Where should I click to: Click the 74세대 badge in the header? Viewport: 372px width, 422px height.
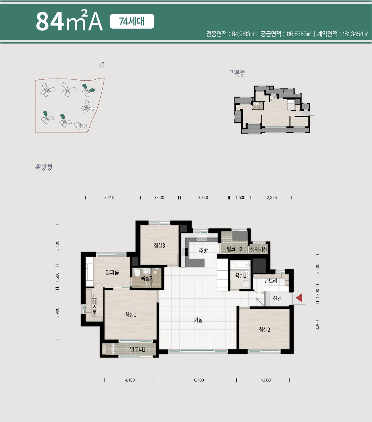click(x=132, y=21)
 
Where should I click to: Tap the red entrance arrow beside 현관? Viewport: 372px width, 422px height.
click(x=299, y=298)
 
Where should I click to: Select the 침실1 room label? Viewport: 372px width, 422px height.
click(x=131, y=315)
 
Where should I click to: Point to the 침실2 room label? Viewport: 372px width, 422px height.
click(x=264, y=329)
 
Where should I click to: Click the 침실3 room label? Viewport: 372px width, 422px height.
click(x=159, y=245)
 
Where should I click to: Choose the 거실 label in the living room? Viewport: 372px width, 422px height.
click(x=198, y=320)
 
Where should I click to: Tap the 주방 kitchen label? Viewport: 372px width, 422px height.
click(x=203, y=251)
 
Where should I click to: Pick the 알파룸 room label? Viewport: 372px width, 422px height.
click(x=112, y=272)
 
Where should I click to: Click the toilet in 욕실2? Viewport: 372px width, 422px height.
click(x=137, y=272)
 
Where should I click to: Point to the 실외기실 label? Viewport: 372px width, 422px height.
click(x=259, y=249)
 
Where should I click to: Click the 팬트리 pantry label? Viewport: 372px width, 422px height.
click(x=271, y=281)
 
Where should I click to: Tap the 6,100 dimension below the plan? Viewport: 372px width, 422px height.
click(x=199, y=380)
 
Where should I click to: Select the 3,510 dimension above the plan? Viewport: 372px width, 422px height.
click(x=109, y=197)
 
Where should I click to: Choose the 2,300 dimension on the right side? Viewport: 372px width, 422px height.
click(x=317, y=269)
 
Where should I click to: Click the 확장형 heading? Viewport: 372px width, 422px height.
click(x=44, y=167)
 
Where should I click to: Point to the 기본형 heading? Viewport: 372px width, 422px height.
click(x=237, y=73)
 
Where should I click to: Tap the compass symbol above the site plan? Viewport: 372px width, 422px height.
click(x=102, y=65)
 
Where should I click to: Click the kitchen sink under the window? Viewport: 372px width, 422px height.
click(x=202, y=238)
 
